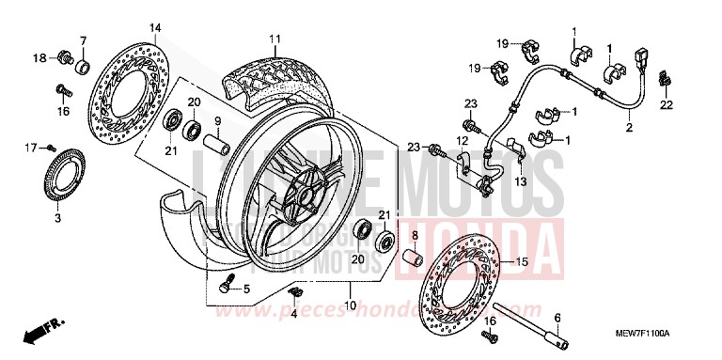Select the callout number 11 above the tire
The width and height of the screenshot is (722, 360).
275,39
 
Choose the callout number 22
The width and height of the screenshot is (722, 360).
665,106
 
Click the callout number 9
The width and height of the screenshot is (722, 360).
215,120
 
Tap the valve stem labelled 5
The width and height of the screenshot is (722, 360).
224,286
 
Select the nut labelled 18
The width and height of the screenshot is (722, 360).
64,57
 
